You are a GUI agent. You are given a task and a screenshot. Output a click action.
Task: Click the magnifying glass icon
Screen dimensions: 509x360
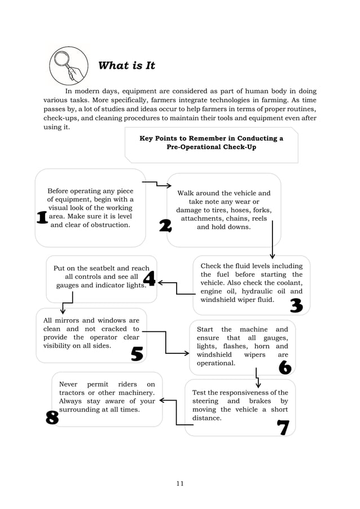(x=69, y=65)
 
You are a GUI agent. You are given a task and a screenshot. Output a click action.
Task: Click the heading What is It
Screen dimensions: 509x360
(x=126, y=65)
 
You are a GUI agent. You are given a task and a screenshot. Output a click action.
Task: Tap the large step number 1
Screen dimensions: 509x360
(x=42, y=218)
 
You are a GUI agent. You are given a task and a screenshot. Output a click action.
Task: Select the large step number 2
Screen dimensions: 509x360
(x=165, y=226)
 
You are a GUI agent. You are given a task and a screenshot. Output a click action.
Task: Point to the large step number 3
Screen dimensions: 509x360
(x=296, y=306)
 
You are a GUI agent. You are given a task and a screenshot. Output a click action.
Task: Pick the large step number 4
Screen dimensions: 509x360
(x=149, y=278)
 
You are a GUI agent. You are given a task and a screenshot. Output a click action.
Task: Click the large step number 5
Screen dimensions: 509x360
(x=137, y=353)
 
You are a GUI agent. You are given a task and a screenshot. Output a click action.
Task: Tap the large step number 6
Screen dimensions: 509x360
(x=285, y=367)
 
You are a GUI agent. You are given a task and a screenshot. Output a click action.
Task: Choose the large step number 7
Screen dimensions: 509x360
(x=283, y=428)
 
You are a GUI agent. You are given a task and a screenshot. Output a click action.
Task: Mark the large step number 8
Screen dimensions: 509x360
(x=52, y=418)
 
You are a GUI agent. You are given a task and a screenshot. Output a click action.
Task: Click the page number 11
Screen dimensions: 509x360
(x=179, y=483)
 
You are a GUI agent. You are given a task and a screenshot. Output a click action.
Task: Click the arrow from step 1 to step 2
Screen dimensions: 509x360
(x=156, y=184)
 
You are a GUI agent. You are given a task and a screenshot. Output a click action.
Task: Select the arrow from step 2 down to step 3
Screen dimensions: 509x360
(x=273, y=239)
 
